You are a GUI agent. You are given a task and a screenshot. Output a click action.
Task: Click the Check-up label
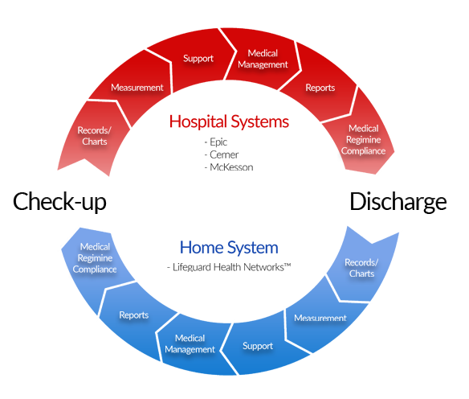(x=59, y=202)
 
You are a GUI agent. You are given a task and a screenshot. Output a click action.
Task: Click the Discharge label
(x=398, y=202)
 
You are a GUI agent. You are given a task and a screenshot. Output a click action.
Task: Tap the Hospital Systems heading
(x=229, y=121)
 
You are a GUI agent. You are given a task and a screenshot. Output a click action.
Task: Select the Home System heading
(x=229, y=248)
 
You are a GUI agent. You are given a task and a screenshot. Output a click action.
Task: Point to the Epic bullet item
(x=216, y=142)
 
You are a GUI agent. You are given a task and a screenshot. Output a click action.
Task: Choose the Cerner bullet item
(x=222, y=154)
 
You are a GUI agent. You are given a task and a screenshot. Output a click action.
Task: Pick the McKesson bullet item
(x=229, y=167)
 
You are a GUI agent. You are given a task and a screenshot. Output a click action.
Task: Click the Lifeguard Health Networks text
(x=229, y=267)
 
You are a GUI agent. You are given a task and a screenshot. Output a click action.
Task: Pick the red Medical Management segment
(x=262, y=59)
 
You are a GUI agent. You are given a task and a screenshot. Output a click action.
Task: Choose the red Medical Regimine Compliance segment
(x=362, y=141)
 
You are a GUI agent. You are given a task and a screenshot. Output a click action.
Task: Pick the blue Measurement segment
(x=321, y=318)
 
